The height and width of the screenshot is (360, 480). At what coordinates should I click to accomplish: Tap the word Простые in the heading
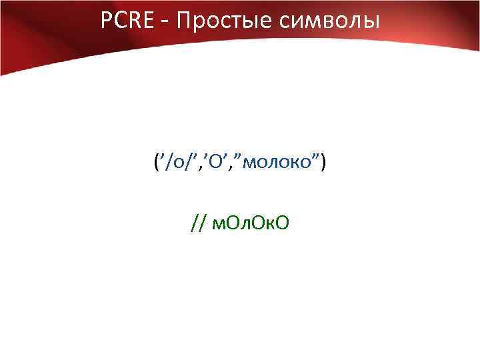(222, 22)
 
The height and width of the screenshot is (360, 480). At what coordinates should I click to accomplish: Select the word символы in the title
(330, 22)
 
